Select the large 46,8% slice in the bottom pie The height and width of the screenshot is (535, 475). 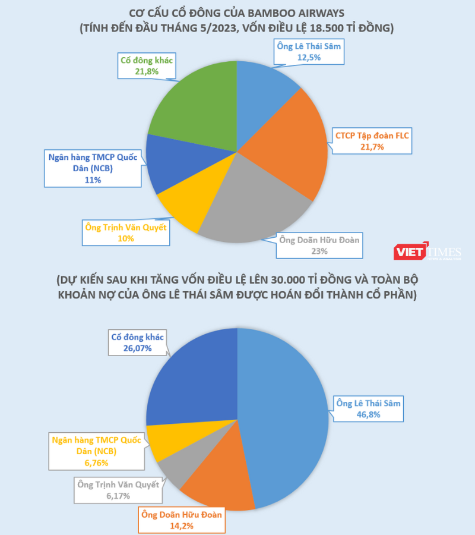coord(285,416)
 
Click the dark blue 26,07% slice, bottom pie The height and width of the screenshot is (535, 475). coord(190,380)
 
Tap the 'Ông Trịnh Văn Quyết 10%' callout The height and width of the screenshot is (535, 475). coord(125,232)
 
